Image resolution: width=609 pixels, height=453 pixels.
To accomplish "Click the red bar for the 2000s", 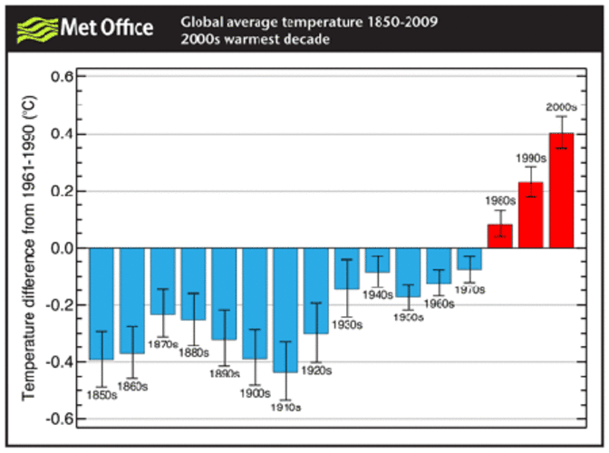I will (x=561, y=190).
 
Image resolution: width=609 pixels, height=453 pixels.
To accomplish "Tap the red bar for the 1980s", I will (x=499, y=236).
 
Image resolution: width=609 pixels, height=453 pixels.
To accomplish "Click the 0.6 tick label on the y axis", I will (x=62, y=77).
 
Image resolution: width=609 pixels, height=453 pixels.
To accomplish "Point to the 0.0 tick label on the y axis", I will (x=62, y=248).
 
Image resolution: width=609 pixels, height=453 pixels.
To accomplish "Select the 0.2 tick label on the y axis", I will (x=62, y=191).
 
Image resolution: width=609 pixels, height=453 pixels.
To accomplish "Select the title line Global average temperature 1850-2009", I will (x=309, y=20).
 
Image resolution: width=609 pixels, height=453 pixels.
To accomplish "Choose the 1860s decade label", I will (x=132, y=387).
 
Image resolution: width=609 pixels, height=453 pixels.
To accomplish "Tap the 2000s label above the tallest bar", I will (x=562, y=107).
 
